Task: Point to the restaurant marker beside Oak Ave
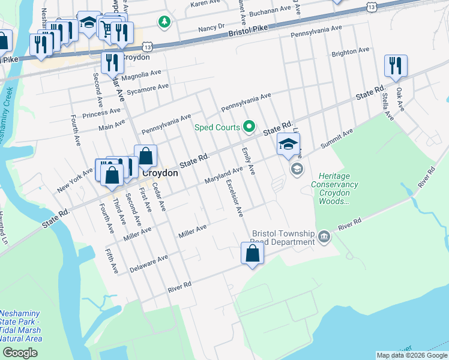coord(395,65)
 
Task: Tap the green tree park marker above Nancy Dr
coord(163,22)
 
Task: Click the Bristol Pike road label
coord(246,34)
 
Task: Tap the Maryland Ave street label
coord(223,173)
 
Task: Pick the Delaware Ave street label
coord(149,264)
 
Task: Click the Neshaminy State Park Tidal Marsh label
coord(21,326)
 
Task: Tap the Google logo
coord(20,352)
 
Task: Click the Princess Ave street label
coord(101,112)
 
